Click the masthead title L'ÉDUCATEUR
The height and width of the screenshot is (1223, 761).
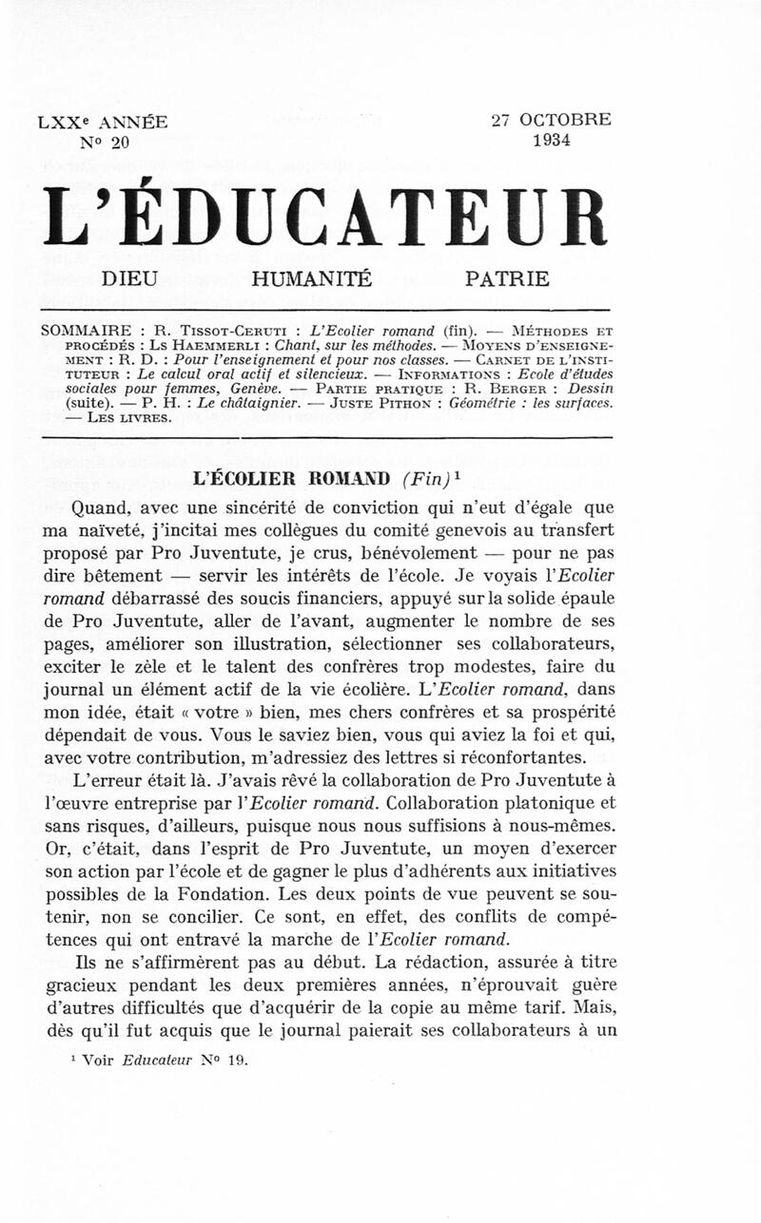pyautogui.click(x=323, y=217)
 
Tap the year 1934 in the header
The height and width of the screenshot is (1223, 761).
pyautogui.click(x=551, y=142)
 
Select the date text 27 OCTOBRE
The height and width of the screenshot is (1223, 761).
pyautogui.click(x=551, y=121)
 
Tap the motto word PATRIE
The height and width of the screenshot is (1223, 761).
pyautogui.click(x=507, y=279)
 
